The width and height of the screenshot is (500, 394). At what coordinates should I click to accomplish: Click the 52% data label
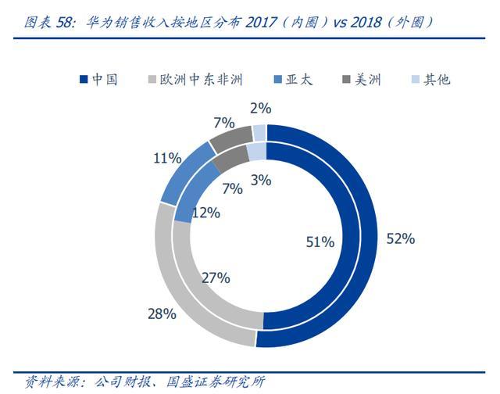(x=400, y=239)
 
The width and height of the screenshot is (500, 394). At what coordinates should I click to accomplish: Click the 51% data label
(x=320, y=242)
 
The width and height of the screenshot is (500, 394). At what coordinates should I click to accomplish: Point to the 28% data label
(x=162, y=314)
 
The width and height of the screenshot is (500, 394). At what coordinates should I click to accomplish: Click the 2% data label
(x=259, y=109)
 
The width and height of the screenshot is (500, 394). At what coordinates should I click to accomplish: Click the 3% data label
(x=260, y=180)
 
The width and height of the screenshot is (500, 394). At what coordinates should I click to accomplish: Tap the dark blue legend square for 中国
(x=84, y=80)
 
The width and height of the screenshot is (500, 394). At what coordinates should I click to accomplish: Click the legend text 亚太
(x=299, y=80)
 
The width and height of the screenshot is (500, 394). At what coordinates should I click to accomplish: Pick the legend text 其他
(x=437, y=80)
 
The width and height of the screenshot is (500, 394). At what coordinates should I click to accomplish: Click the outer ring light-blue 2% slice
(x=259, y=132)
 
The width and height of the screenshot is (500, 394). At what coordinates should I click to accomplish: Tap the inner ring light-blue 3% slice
(x=256, y=151)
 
